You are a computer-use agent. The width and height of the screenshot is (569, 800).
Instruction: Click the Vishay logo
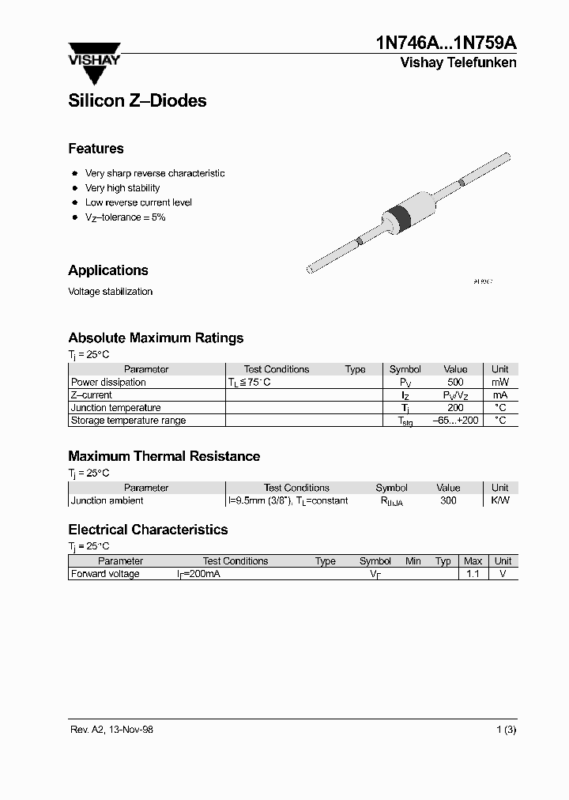(93, 62)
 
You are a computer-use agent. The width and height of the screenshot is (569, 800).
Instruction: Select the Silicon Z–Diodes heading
(138, 100)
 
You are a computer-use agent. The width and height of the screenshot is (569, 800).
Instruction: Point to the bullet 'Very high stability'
(122, 188)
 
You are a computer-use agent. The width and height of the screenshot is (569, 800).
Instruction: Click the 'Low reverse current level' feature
(138, 202)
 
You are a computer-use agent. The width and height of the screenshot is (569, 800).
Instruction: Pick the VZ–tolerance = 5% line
(125, 217)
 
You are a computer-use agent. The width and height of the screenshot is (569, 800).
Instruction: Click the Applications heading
(108, 270)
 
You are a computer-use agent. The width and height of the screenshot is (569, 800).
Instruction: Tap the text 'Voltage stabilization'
(110, 292)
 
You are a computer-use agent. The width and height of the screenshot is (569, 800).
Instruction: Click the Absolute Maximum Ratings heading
(156, 338)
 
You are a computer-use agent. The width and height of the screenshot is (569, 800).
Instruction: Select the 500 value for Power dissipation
(455, 382)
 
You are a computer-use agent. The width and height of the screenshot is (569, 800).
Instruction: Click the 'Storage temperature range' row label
(128, 420)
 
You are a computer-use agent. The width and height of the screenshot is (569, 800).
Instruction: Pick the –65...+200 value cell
(455, 420)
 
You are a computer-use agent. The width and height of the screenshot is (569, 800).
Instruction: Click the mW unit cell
(499, 382)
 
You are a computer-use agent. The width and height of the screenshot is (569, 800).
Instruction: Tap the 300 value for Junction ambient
(448, 500)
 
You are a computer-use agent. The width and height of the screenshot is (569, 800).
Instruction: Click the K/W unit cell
(499, 500)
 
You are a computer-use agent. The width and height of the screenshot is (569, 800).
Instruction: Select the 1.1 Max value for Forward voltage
(473, 574)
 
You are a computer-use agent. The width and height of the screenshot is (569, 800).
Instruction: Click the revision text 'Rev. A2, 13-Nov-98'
(111, 730)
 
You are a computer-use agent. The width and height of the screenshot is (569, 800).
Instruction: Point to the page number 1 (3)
(506, 730)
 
